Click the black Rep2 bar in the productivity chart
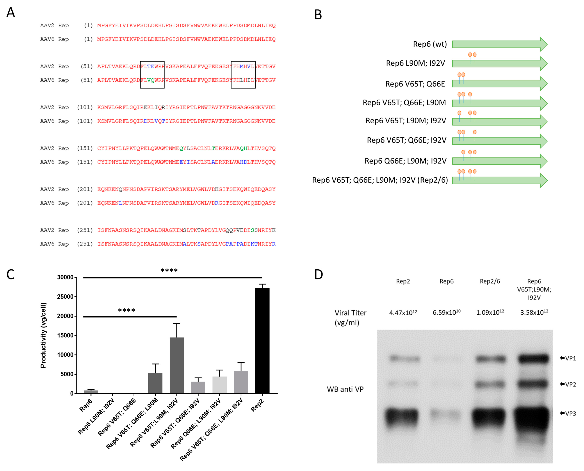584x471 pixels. tap(262, 340)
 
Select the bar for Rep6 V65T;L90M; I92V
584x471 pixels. tap(177, 365)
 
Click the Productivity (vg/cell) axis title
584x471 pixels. tap(44, 335)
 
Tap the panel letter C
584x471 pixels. tap(11, 275)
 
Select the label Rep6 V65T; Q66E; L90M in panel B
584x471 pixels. tap(404, 103)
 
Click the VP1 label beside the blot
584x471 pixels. tap(570, 358)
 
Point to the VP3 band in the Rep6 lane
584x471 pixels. tap(445, 414)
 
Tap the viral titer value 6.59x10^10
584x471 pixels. tap(446, 313)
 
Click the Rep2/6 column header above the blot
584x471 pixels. tap(490, 281)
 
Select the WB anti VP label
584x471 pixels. tap(345, 389)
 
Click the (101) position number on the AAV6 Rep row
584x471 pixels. tap(85, 121)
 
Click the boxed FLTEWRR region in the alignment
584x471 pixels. tap(152, 67)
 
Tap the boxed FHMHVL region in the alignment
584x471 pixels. tap(243, 67)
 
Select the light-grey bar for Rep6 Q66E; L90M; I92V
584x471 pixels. tap(219, 385)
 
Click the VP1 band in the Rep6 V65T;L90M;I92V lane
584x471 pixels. tap(533, 359)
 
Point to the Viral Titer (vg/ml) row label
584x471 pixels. tap(350, 317)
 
